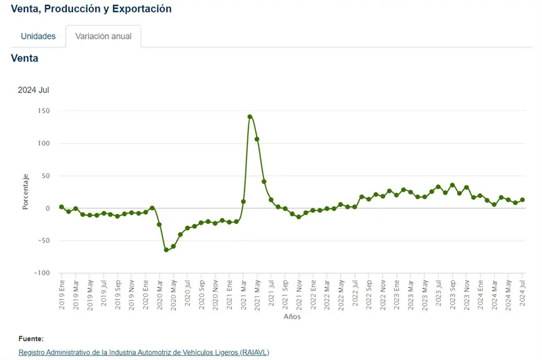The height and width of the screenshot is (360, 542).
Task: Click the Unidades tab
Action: pos(38,36)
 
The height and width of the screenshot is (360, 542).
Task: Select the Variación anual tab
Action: pos(103,36)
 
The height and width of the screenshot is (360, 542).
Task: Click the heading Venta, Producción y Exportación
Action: pos(91,9)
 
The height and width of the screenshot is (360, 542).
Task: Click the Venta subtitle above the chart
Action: pos(25,58)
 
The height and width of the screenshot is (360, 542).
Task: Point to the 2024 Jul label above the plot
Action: pos(34,90)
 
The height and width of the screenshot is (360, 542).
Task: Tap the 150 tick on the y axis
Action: pos(43,110)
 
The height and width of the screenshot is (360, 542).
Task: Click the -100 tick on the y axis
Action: pos(41,273)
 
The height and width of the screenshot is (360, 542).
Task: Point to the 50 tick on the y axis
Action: pos(45,176)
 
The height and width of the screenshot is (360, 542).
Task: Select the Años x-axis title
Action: pos(292,317)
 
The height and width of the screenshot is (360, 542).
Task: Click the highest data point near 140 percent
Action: pos(250,117)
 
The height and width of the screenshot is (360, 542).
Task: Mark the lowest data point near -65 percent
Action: pos(166,250)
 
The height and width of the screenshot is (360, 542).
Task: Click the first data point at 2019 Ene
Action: pos(61,207)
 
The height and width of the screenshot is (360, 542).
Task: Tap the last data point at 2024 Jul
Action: pos(523,200)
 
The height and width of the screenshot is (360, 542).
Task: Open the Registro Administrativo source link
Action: pos(143,353)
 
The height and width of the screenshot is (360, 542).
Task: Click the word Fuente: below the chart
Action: pos(31,339)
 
